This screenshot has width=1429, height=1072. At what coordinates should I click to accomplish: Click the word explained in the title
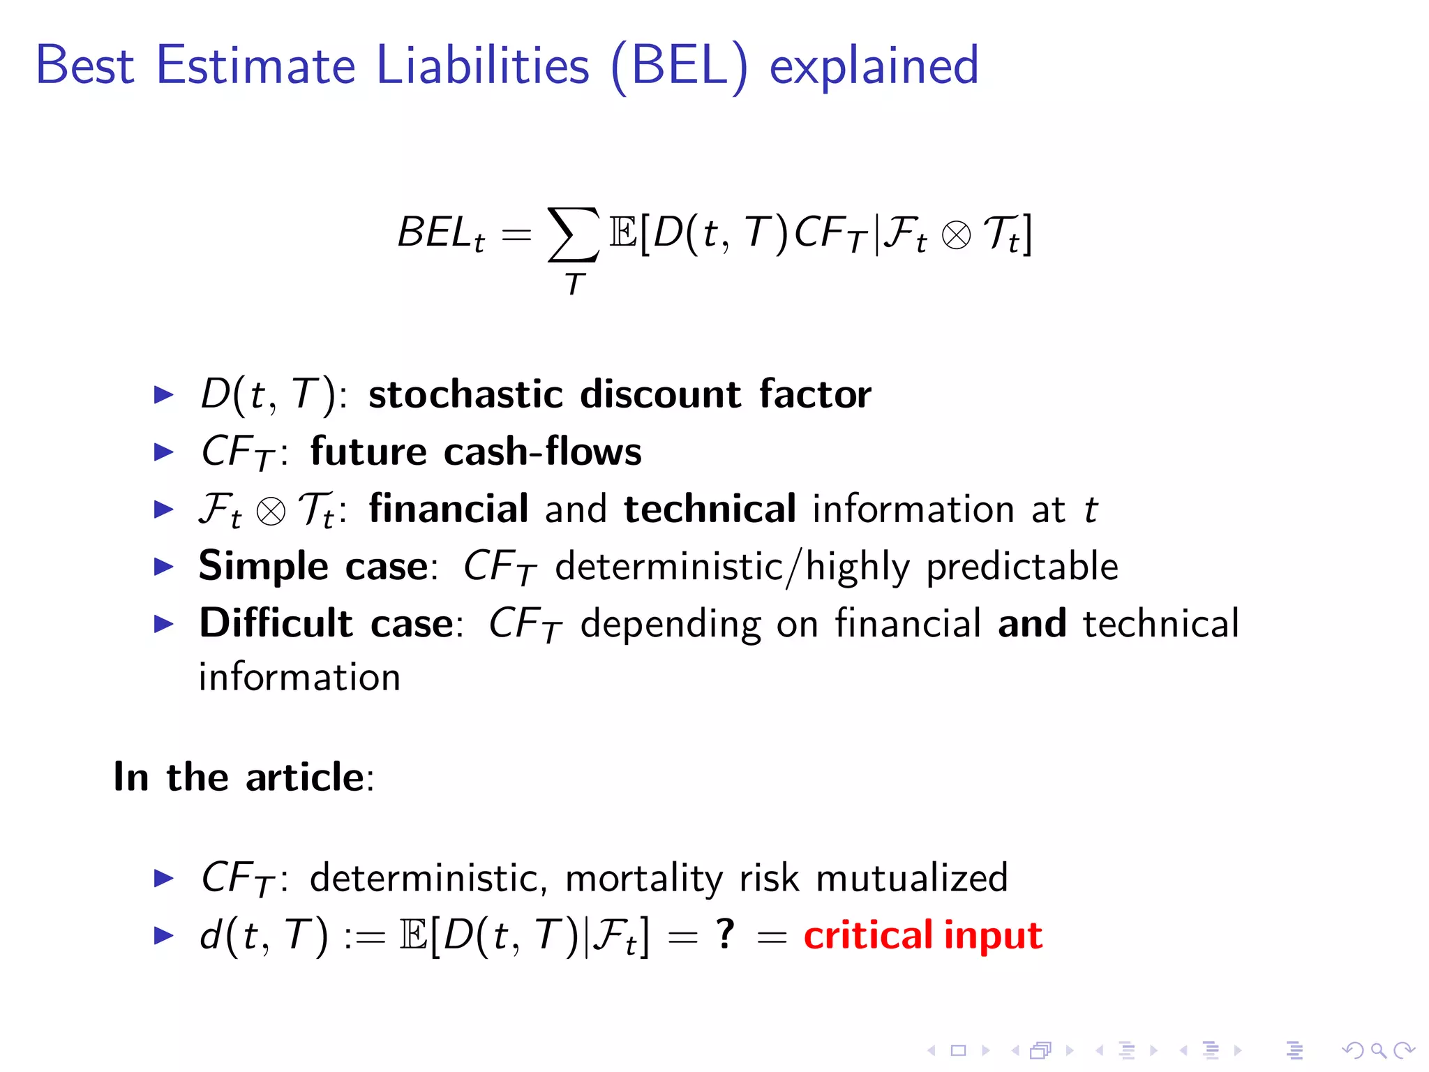coord(874,66)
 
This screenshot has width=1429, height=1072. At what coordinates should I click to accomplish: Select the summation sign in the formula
coord(573,234)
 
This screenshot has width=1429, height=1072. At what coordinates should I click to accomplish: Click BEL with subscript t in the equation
coord(440,234)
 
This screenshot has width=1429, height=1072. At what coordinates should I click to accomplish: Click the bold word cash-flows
coord(542,452)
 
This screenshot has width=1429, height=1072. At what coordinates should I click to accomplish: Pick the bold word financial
coord(449,509)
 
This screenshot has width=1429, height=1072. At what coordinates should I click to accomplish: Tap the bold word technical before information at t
coord(710,509)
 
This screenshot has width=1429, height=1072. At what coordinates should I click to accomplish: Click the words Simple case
coord(313,566)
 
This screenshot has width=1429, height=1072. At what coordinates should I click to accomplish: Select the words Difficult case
coord(327,623)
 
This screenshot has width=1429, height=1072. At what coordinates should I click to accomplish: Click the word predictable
coord(1022,566)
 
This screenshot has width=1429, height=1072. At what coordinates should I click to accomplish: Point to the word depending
coord(670,625)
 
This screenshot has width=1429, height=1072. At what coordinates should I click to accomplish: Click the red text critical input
coord(922,936)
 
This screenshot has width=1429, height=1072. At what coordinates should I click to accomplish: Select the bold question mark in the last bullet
coord(726,934)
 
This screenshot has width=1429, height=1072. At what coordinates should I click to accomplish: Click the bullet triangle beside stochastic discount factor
coord(163,395)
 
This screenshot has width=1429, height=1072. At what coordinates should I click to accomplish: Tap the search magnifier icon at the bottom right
coord(1378,1050)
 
